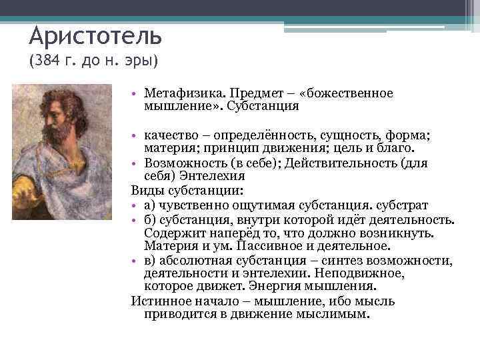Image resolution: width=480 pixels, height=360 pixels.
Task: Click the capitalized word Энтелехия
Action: click(x=198, y=176)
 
